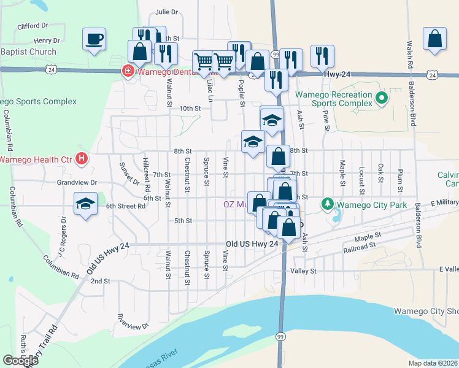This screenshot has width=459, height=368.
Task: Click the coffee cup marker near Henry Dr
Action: (x=94, y=40)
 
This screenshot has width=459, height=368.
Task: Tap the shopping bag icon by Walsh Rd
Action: (x=434, y=39)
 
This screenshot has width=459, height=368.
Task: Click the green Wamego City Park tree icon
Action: (x=328, y=203)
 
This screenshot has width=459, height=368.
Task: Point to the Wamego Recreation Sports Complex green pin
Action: (x=381, y=98)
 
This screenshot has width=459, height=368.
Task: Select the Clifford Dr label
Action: (x=33, y=26)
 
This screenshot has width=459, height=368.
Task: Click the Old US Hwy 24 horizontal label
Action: (x=252, y=243)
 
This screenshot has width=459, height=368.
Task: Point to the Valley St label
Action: (x=303, y=270)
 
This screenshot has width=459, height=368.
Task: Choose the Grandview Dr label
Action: (x=77, y=183)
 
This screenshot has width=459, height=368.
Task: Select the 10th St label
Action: (x=190, y=109)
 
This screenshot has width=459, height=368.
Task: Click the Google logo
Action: (x=20, y=361)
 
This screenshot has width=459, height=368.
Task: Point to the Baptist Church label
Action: (x=28, y=52)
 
